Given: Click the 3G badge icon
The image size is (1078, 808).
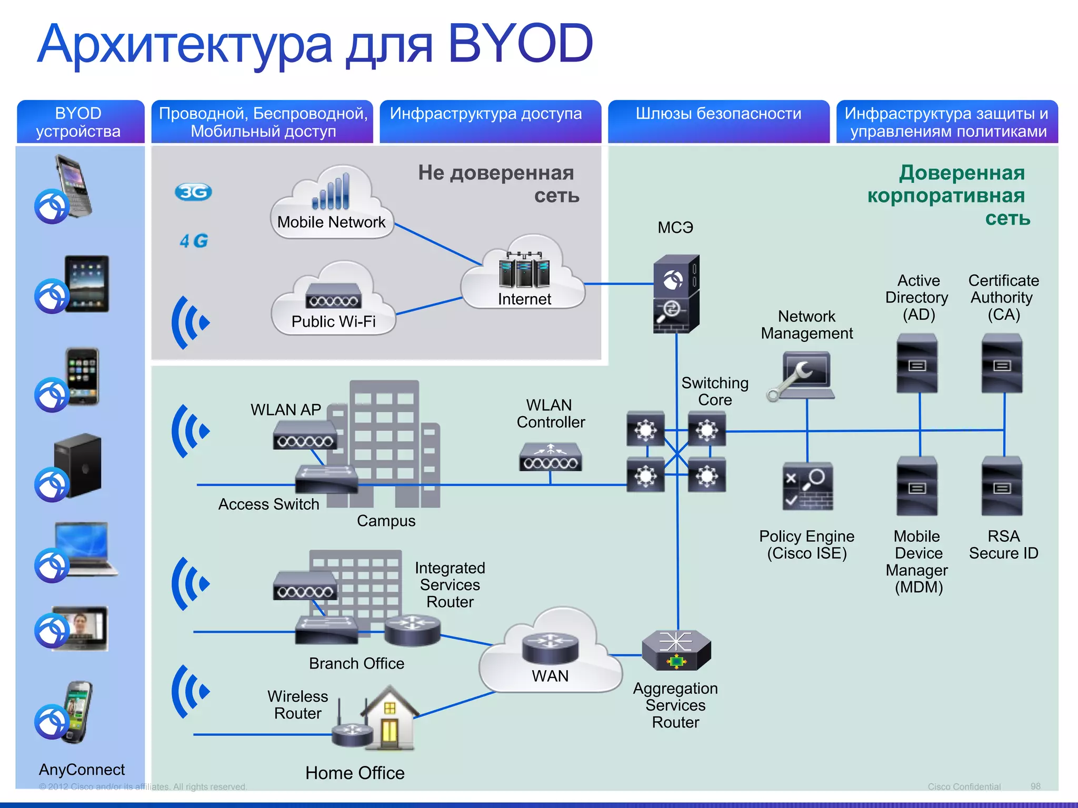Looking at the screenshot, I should [x=193, y=192].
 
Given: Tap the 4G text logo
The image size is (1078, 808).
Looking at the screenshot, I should [x=194, y=241].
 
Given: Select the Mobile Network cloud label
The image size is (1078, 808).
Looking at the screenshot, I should [x=331, y=222].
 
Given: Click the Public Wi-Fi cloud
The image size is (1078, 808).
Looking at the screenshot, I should [x=333, y=302].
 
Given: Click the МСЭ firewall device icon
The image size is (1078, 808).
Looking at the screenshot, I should [x=676, y=294].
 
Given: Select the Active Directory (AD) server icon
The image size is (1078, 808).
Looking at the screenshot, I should [x=917, y=363].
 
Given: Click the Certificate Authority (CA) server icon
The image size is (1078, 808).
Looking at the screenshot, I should [x=1002, y=363].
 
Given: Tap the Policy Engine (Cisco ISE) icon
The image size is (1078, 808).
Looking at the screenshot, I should [x=807, y=486].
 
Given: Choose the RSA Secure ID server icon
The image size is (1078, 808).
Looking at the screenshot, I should [x=1002, y=486].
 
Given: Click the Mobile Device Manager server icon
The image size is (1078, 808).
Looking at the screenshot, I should [x=917, y=486].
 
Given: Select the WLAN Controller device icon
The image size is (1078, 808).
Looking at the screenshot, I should [x=550, y=457].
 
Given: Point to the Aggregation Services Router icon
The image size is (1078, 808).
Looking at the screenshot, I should [x=676, y=650].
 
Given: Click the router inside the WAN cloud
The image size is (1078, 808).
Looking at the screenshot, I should [x=550, y=648].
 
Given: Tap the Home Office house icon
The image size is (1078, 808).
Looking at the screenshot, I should [x=390, y=718].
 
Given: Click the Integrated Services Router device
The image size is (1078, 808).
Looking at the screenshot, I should [x=412, y=630].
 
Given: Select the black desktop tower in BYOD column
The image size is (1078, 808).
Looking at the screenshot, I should [x=78, y=465].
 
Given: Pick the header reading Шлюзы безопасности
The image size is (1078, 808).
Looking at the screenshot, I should [x=718, y=114].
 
